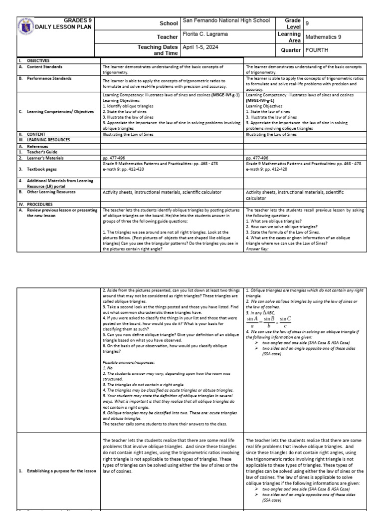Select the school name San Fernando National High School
(x=226, y=20)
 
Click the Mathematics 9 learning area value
(x=324, y=36)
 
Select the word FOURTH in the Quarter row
(x=317, y=50)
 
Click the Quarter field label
(x=290, y=50)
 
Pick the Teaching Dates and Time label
(x=158, y=50)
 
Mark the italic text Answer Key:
(x=257, y=248)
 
